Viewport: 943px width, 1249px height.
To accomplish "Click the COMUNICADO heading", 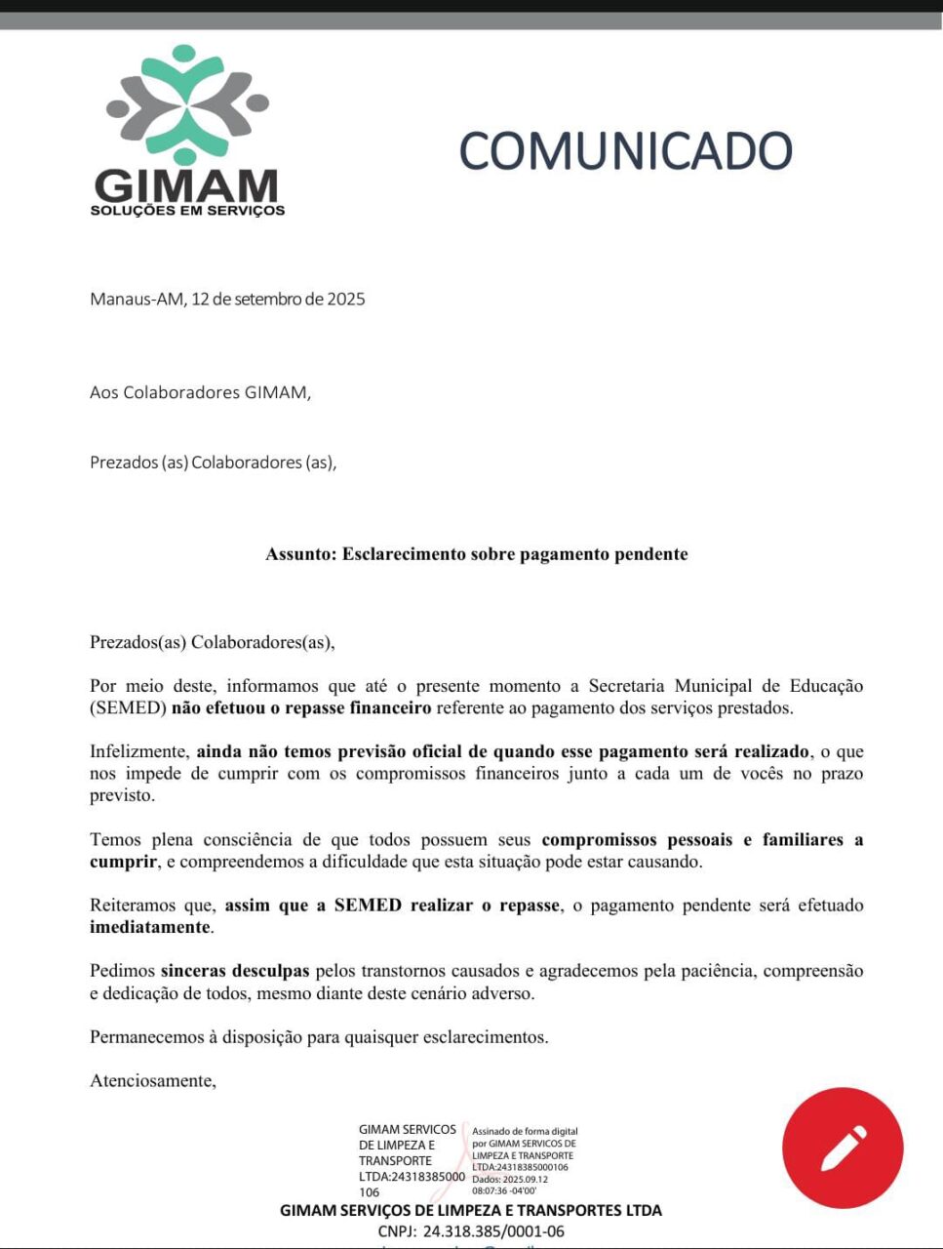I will [625, 151].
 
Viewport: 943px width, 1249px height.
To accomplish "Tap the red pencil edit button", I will [843, 1148].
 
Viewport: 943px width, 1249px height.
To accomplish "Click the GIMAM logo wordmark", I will [186, 185].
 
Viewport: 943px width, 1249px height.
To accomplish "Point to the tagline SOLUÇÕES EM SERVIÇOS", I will [187, 210].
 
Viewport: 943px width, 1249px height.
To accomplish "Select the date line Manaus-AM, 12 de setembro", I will [227, 300].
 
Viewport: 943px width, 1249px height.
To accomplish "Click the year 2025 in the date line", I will [346, 300].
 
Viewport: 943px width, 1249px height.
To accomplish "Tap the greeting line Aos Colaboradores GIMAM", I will [200, 392].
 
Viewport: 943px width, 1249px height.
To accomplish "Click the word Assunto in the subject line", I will [299, 554].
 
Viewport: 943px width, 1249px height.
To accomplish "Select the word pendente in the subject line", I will [651, 554].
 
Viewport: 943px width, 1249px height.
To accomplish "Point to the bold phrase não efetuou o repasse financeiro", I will [301, 708].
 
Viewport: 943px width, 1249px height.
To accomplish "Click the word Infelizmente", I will [138, 752].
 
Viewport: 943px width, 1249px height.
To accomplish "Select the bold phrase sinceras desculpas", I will [235, 971].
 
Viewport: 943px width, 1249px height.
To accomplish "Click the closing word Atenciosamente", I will [153, 1081].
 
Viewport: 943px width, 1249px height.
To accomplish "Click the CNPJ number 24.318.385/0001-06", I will [493, 1231].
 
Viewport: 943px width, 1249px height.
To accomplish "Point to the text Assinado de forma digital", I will [526, 1132].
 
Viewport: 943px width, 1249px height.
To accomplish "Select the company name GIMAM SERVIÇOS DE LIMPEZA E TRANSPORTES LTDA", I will [471, 1211].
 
